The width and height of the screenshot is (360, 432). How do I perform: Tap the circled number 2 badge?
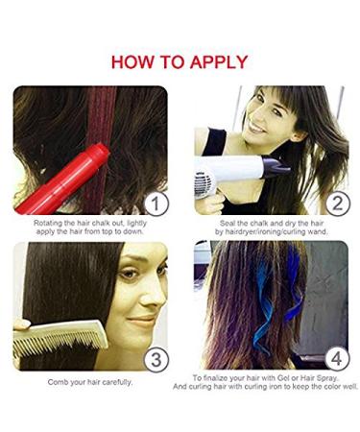pos(334,202)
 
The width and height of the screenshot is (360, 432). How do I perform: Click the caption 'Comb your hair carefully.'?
pos(90,382)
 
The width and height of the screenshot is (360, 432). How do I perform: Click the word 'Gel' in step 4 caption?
pos(288,379)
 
